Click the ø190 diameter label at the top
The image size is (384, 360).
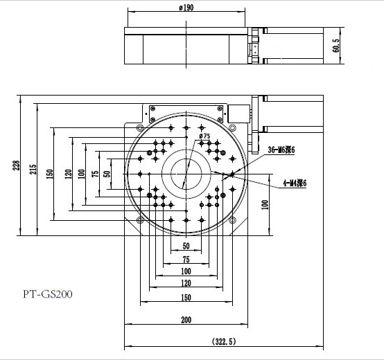click(x=185, y=8)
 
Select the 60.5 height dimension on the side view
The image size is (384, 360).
click(x=336, y=46)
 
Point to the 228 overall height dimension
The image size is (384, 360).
click(x=17, y=164)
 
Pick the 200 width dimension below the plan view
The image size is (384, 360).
click(x=186, y=320)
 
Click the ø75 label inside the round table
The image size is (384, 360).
click(x=205, y=136)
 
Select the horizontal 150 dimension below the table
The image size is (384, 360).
click(x=186, y=298)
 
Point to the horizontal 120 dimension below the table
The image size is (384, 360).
click(x=186, y=283)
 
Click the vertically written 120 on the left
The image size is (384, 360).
click(x=68, y=173)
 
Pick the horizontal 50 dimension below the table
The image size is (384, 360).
click(x=186, y=246)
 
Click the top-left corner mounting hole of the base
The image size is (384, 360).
click(x=141, y=129)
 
